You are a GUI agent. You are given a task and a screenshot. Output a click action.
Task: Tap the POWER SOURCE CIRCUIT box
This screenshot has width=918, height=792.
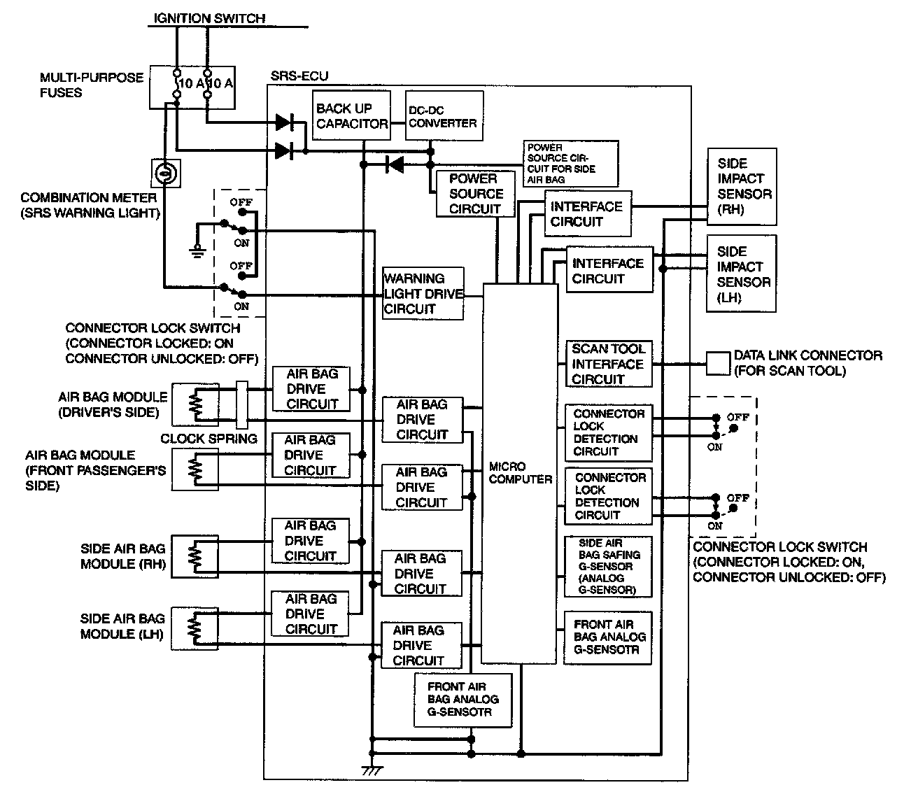coord(475,194)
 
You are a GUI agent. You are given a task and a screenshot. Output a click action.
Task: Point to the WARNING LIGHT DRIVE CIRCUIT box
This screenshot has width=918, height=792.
coord(423,294)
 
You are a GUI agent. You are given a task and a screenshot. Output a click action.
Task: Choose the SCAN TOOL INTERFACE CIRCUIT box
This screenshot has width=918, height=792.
coord(608,364)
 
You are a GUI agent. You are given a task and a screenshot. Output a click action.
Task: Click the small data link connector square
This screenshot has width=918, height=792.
coord(717,363)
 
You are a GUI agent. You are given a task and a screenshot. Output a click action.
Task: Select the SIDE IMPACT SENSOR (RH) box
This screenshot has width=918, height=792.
coord(742,186)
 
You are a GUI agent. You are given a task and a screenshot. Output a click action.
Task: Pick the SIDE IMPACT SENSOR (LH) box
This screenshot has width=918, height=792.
coord(742,274)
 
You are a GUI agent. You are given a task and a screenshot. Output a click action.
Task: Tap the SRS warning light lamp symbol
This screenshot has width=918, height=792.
coord(166,172)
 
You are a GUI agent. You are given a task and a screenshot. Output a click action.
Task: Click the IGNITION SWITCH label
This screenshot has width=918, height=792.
coord(210,18)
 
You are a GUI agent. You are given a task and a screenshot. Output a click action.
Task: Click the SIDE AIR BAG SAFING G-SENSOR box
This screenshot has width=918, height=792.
coord(608,566)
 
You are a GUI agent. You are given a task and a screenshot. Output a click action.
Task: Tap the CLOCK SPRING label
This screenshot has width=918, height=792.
coord(209,439)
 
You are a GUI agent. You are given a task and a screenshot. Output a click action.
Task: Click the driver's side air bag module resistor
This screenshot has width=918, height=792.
coord(195,405)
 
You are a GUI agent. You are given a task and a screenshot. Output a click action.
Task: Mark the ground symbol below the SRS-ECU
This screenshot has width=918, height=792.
coord(372,770)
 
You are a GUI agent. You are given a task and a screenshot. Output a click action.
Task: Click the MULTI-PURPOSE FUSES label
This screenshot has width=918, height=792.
coord(91,85)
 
